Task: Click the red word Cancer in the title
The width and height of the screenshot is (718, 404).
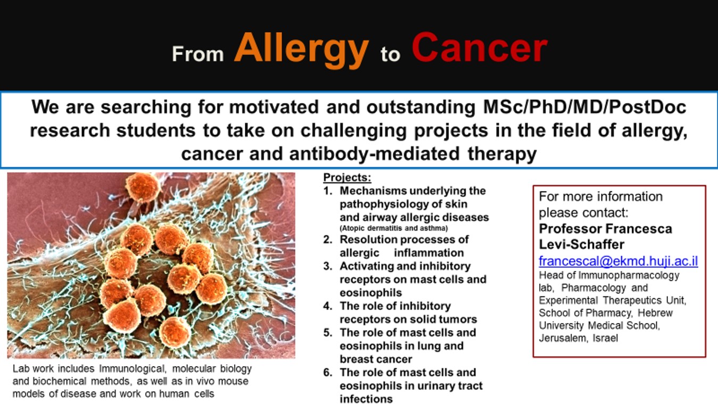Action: click(479, 48)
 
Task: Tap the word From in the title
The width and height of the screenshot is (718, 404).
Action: click(197, 54)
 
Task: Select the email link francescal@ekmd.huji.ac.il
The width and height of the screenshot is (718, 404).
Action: click(618, 261)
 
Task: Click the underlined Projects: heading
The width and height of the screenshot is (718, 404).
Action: click(347, 178)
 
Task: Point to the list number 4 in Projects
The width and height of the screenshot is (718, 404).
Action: click(328, 306)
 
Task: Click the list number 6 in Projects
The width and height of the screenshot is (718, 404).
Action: click(328, 373)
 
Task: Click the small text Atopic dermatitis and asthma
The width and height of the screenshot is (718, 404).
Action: click(394, 228)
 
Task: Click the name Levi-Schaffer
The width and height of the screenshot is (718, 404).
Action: click(581, 245)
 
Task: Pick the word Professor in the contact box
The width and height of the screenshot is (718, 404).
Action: click(570, 229)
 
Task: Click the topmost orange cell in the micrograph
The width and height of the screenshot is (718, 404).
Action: click(142, 187)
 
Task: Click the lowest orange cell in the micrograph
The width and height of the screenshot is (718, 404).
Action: click(175, 332)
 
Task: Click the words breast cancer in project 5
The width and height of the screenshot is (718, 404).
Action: click(376, 359)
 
